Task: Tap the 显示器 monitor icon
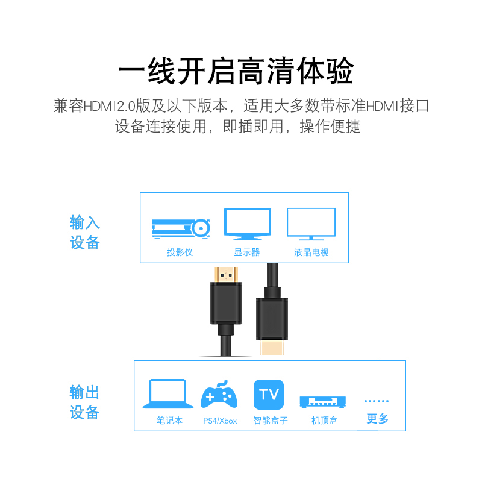(247, 224)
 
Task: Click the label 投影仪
(180, 252)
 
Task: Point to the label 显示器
(247, 252)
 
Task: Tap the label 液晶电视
(311, 252)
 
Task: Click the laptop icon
(167, 394)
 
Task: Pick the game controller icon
(219, 395)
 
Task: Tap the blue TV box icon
(269, 395)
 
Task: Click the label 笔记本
(169, 420)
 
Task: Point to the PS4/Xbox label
(220, 421)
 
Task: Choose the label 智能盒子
(271, 420)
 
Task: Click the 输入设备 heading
(85, 233)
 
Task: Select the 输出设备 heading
(85, 402)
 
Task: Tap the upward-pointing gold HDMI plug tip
(227, 274)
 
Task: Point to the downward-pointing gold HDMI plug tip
(273, 349)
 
